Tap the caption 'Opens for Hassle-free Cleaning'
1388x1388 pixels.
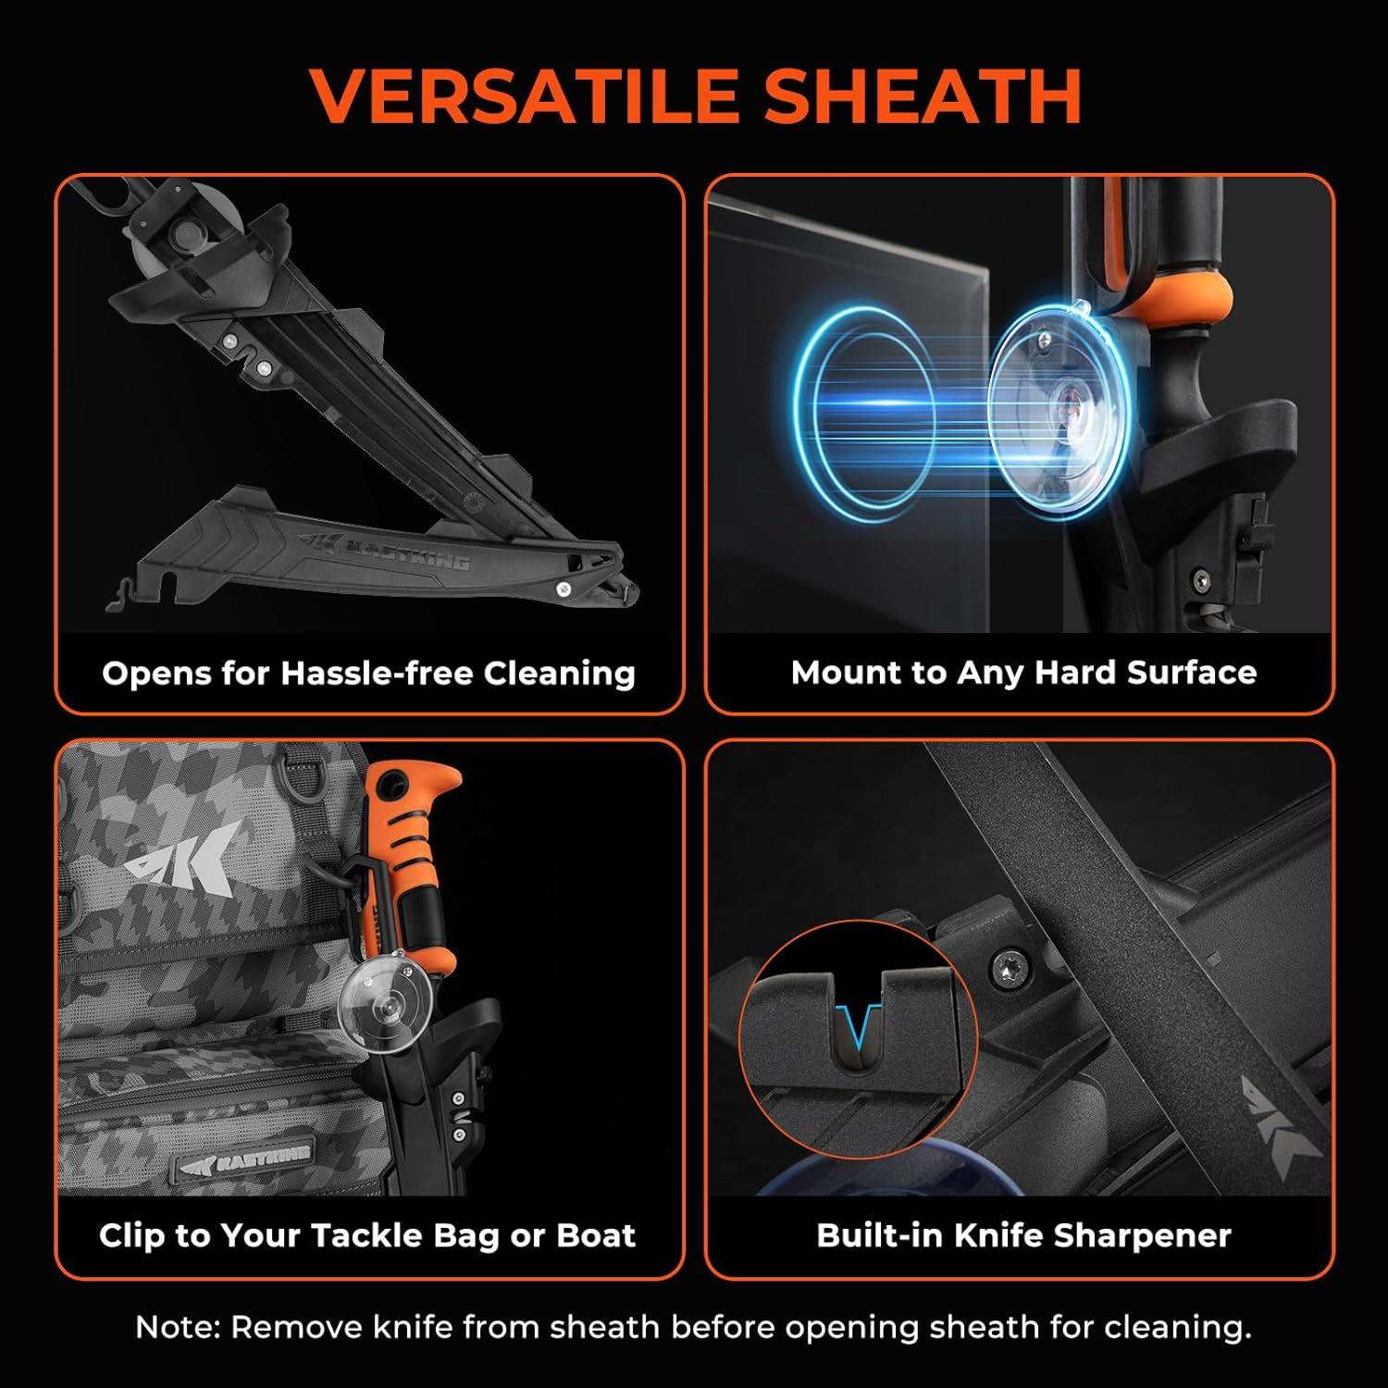[x=369, y=673]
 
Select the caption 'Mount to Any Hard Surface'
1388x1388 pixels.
[x=1023, y=672]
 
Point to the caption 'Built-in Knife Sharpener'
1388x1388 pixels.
[x=1023, y=1235]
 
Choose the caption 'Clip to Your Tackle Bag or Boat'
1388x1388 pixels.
[x=367, y=1235]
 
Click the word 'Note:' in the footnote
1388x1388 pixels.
[x=179, y=1328]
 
